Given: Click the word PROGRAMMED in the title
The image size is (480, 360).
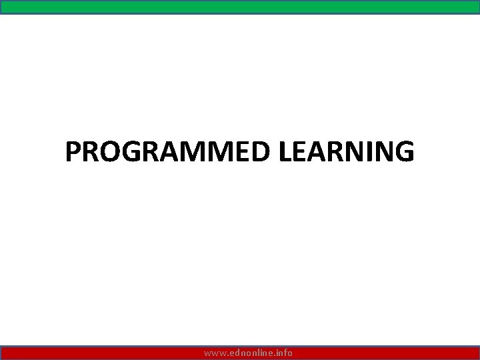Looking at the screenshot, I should (x=169, y=152).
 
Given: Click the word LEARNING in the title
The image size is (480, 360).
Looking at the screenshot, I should (x=347, y=152).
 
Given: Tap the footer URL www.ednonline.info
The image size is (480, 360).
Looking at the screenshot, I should (x=248, y=353).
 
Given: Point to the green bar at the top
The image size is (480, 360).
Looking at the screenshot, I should (x=240, y=6).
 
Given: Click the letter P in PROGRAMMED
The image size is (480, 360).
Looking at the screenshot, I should (x=73, y=152).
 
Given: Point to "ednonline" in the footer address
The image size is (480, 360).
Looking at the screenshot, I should (x=249, y=353).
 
